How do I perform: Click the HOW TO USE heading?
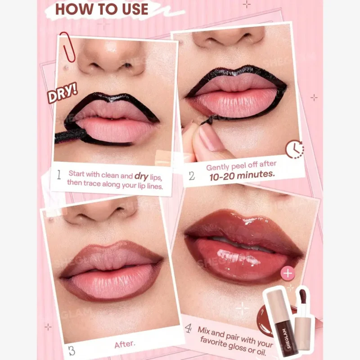click(x=102, y=9)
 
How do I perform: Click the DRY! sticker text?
click(x=62, y=93)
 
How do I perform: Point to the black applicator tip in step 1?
click(x=70, y=135)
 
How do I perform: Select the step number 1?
click(x=59, y=175)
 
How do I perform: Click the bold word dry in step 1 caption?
click(x=141, y=176)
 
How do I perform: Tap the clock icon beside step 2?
click(x=295, y=149)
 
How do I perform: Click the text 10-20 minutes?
click(x=242, y=175)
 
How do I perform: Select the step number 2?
click(x=192, y=176)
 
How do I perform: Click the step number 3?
click(x=72, y=351)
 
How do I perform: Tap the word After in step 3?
click(x=125, y=344)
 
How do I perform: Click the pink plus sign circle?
click(x=288, y=273)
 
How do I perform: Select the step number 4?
click(x=188, y=328)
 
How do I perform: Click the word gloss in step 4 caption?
click(x=238, y=346)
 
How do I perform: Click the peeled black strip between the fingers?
click(x=208, y=120)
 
